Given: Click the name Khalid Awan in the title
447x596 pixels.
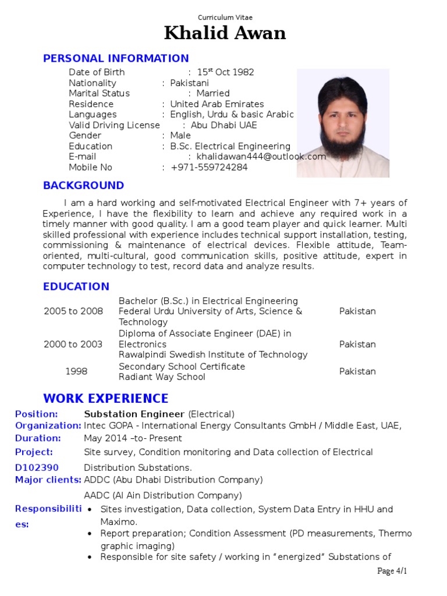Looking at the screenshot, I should pos(225,33).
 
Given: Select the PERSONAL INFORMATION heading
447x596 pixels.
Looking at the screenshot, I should pos(116,58).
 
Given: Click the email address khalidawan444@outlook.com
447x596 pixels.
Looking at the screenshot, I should pos(261,157).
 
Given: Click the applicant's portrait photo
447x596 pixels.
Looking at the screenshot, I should pos(343,123).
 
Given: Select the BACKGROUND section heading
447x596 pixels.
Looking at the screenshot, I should pos(83,185).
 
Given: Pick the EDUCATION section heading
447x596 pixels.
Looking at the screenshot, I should pos(76,286).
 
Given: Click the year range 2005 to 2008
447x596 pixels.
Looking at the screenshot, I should pos(73,311).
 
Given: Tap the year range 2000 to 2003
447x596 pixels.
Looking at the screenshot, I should pos(73,344).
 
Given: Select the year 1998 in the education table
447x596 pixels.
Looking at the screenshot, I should pos(76,371).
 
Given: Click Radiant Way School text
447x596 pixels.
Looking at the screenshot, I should pos(162,377).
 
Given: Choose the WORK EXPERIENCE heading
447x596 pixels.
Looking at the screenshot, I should pos(105,399).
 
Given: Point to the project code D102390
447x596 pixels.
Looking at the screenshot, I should pos(37,467).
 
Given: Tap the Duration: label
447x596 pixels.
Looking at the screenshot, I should pos(38,438).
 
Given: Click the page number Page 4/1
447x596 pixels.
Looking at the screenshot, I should pos(392,571).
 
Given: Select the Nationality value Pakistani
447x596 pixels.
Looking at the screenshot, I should pos(189,83).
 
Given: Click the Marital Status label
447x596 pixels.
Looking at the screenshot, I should pos(99,93).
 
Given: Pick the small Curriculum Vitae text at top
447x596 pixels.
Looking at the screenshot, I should pos(225,17).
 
